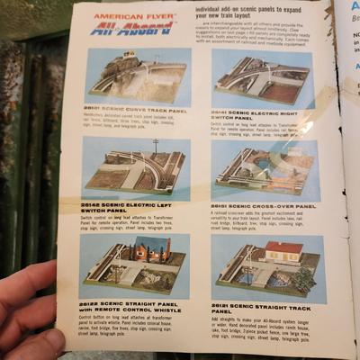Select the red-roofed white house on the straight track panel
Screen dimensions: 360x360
tap(285, 251)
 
